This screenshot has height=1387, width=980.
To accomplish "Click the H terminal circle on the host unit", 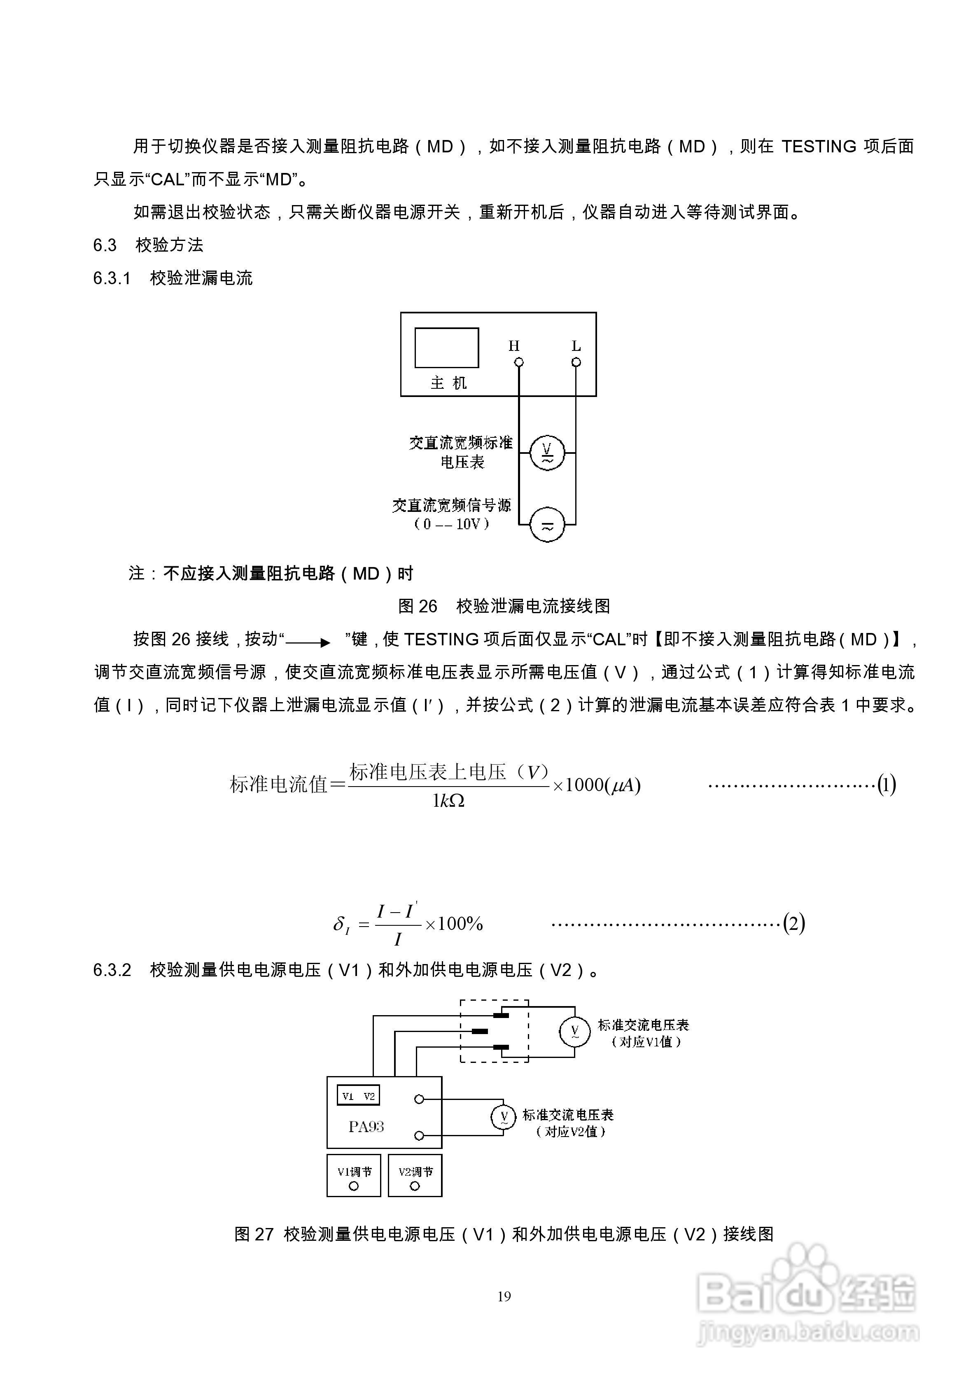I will pos(518,362).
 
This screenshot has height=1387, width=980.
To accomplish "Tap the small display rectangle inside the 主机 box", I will pos(446,348).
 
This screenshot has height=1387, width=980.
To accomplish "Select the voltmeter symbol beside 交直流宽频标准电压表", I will pos(547,453).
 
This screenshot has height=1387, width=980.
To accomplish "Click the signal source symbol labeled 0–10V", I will pos(547,524).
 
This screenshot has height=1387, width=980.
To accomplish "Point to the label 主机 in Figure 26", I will pos(448,383).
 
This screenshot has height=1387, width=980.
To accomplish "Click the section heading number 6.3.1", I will pos(112,278).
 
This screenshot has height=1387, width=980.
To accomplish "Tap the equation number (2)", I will pos(794,923).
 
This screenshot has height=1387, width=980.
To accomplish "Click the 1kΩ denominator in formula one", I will pos(448,801).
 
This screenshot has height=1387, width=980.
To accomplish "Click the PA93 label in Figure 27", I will pos(366,1127).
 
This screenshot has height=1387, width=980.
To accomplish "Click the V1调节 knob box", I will pos(354,1175).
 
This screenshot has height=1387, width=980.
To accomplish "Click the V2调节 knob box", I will pos(415,1175).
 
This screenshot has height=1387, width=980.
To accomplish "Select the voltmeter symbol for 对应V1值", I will pos(574,1032).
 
